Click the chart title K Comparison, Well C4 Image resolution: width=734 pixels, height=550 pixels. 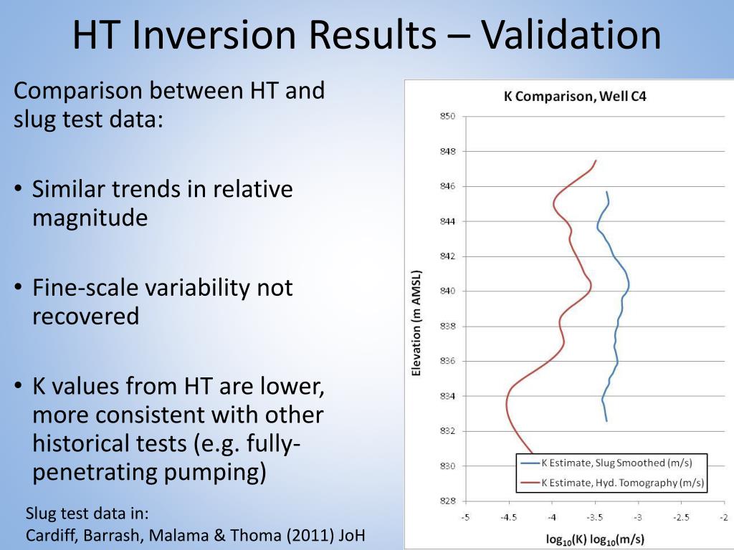coord(575,96)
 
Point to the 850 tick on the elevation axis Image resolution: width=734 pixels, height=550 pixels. coord(447,116)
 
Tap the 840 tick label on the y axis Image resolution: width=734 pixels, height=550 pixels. coord(447,291)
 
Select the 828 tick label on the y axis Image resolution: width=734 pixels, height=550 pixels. coord(447,501)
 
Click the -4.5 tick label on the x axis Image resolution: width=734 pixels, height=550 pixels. coord(508,518)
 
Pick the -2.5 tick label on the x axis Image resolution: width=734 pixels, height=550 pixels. coord(681,518)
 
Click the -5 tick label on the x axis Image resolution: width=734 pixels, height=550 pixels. coord(465,518)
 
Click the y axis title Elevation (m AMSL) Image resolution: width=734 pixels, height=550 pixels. coord(417,323)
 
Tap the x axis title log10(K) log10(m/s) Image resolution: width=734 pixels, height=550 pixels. coord(595,539)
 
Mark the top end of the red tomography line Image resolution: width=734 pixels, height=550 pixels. coord(596,160)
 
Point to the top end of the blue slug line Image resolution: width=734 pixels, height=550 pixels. coord(607,192)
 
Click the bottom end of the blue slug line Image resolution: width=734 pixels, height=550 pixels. coord(606,421)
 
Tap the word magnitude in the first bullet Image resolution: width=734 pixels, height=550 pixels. coord(90,218)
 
